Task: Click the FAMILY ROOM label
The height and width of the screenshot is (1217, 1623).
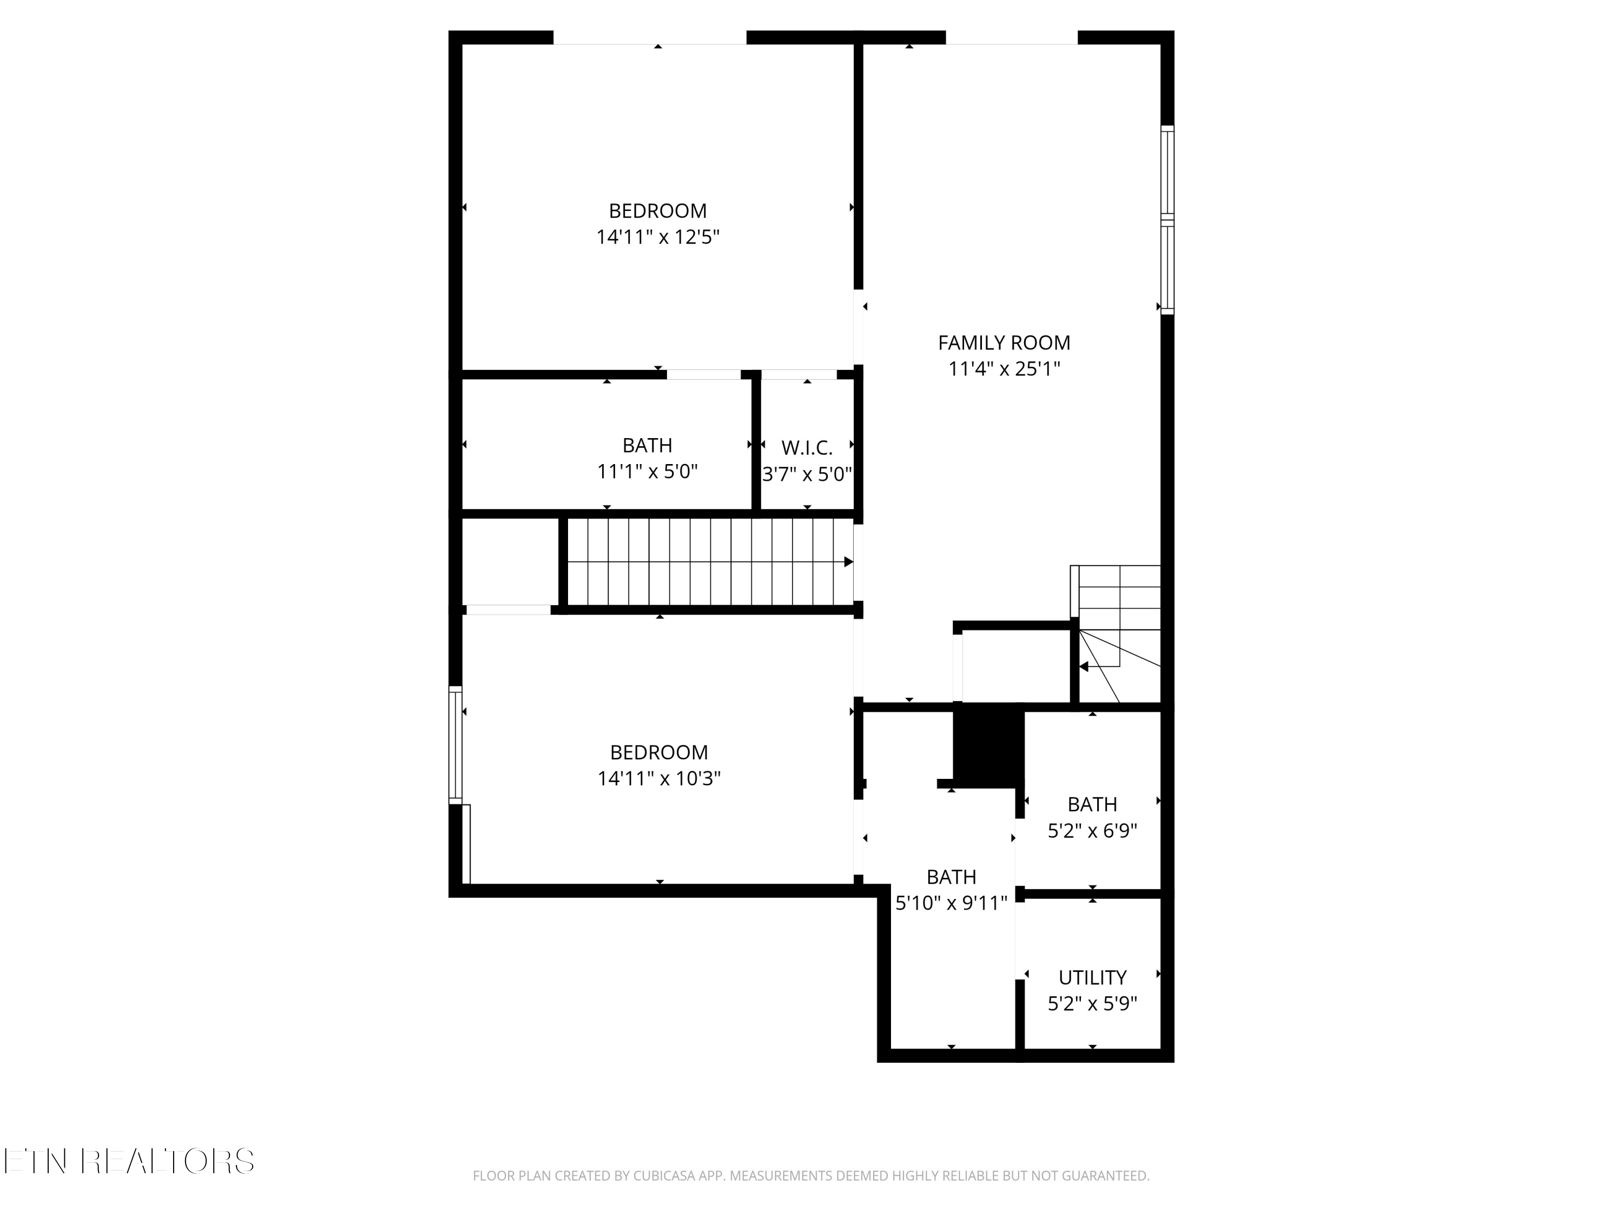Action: pyautogui.click(x=1004, y=342)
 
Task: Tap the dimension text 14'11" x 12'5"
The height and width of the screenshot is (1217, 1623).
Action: pyautogui.click(x=657, y=237)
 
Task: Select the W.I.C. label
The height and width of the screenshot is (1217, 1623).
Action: pyautogui.click(x=807, y=447)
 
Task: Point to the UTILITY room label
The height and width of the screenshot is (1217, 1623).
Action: pyautogui.click(x=1092, y=977)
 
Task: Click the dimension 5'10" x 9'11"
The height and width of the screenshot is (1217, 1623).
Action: pyautogui.click(x=951, y=902)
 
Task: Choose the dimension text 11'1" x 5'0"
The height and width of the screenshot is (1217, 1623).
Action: pyautogui.click(x=647, y=471)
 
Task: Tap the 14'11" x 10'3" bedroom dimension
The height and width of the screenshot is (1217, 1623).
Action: pyautogui.click(x=659, y=778)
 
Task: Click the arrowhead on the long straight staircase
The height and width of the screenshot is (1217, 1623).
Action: pyautogui.click(x=848, y=562)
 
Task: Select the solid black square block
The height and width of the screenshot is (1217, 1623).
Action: pyautogui.click(x=987, y=745)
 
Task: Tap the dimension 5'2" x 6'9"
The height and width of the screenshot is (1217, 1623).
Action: pyautogui.click(x=1092, y=830)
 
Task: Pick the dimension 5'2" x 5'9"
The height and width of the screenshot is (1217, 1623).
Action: pyautogui.click(x=1092, y=1003)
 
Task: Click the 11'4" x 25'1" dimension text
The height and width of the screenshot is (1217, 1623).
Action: pyautogui.click(x=1004, y=368)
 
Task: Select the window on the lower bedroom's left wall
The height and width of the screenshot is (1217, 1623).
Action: pyautogui.click(x=456, y=745)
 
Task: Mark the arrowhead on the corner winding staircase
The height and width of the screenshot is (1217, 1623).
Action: pyautogui.click(x=1084, y=667)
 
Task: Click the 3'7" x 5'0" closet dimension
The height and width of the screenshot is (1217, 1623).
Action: pyautogui.click(x=807, y=474)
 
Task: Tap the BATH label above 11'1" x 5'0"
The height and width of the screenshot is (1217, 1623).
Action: pyautogui.click(x=647, y=445)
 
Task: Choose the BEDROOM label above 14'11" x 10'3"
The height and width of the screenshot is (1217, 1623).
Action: pyautogui.click(x=659, y=752)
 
